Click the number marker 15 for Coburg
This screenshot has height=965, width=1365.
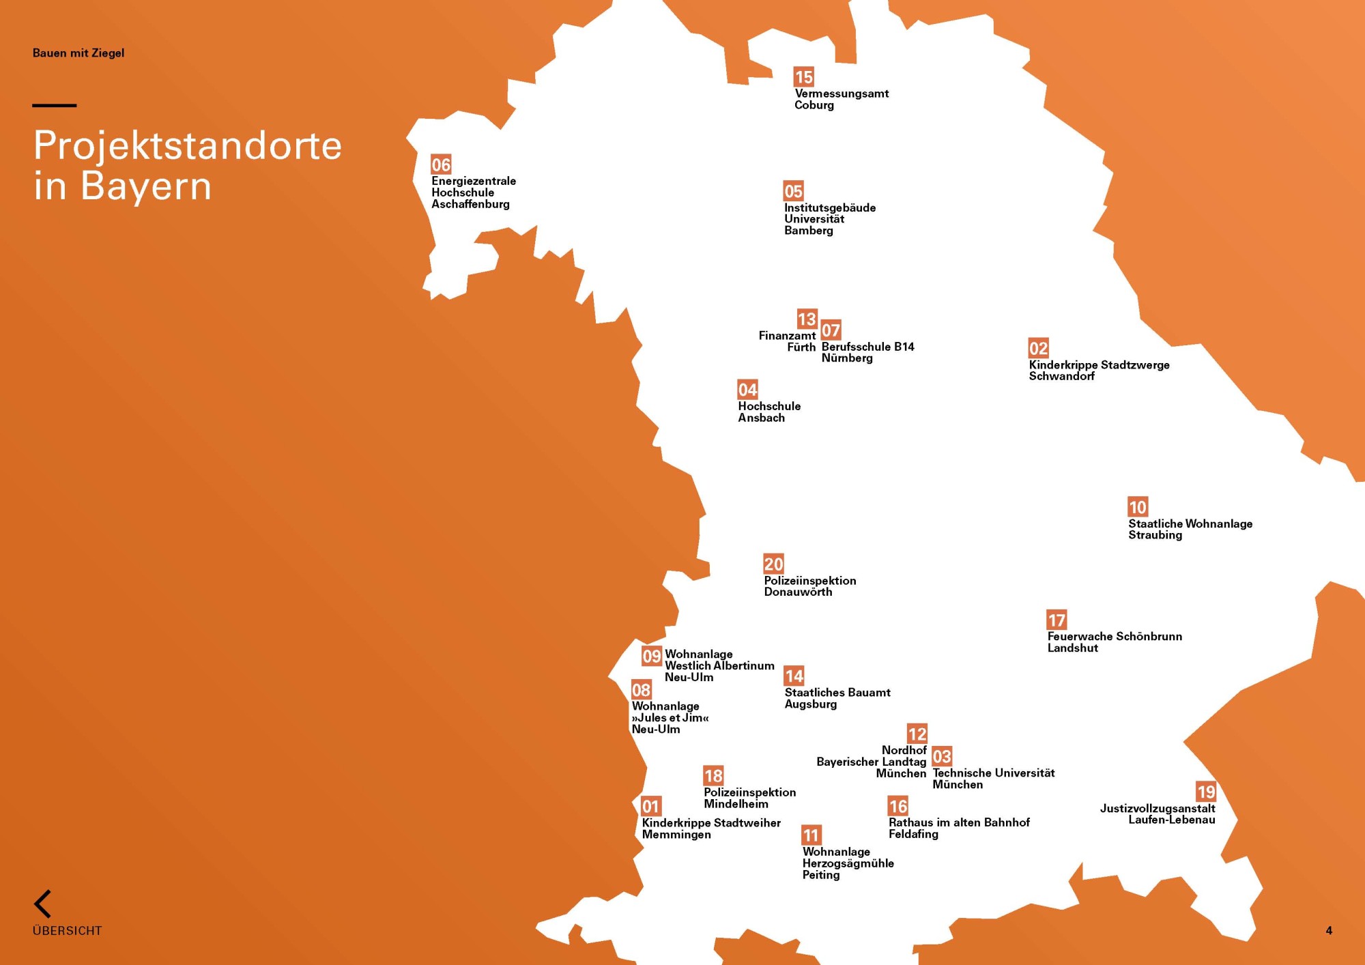(x=803, y=77)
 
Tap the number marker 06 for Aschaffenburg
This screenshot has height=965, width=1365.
(x=441, y=164)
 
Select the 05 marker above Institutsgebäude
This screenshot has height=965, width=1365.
(x=793, y=191)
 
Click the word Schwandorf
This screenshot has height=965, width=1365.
(x=1061, y=377)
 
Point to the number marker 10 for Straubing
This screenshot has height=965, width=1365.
(x=1137, y=507)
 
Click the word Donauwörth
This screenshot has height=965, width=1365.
(x=798, y=592)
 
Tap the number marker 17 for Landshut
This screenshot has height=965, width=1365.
(x=1057, y=620)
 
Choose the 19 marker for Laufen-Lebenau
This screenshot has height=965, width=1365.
(x=1205, y=792)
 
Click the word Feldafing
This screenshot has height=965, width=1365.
(x=913, y=834)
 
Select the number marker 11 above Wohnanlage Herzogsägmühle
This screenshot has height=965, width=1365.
(x=811, y=835)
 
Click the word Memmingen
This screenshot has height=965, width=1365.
(x=676, y=835)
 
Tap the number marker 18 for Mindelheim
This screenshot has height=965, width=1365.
(x=713, y=776)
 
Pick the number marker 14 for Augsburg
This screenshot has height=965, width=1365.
(x=794, y=676)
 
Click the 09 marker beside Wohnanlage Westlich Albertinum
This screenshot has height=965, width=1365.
(x=652, y=657)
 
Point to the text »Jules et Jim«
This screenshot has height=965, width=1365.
(x=670, y=718)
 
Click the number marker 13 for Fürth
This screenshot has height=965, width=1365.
(x=807, y=319)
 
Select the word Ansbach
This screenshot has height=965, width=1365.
(x=761, y=418)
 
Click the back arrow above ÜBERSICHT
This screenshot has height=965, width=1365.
(x=42, y=904)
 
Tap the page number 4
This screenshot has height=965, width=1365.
(x=1328, y=931)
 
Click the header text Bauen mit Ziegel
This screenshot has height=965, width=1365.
(x=78, y=53)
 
